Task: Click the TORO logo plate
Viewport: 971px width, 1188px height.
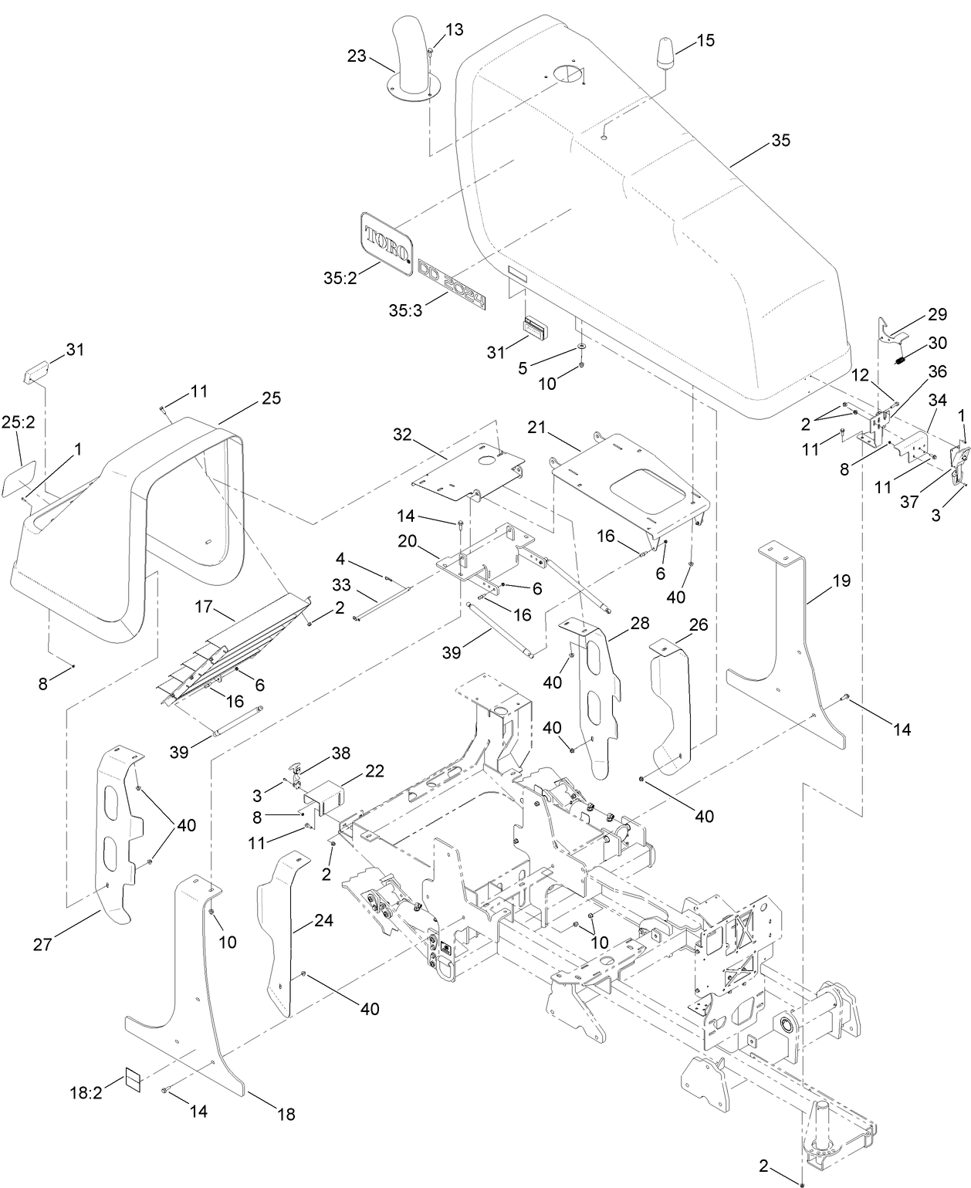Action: [x=385, y=239]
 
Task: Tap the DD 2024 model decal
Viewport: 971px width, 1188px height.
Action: [x=452, y=285]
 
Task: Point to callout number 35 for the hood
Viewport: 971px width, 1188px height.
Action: [x=780, y=140]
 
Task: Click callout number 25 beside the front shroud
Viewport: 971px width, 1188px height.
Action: [x=271, y=398]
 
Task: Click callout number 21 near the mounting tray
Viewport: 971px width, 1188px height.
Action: [x=539, y=427]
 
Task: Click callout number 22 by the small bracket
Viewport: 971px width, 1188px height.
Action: [x=374, y=770]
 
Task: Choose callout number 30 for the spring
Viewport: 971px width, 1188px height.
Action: [x=937, y=343]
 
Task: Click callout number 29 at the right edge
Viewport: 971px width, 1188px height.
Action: [x=937, y=314]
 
